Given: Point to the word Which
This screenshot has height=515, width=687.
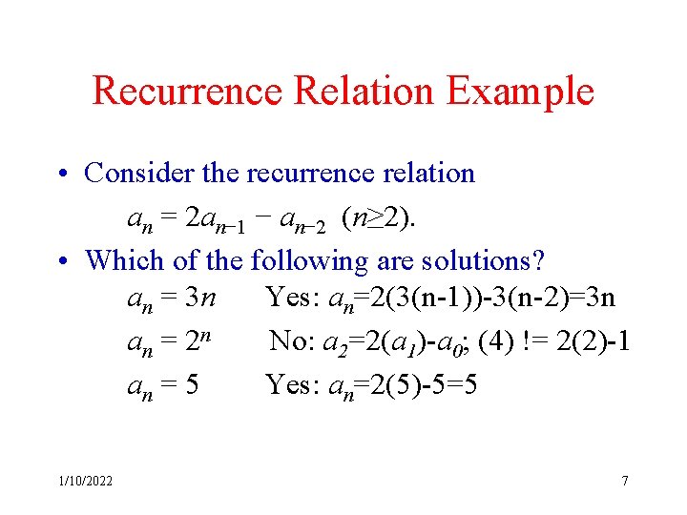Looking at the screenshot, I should (x=120, y=260).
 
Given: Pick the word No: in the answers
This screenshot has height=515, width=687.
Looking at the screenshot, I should (x=291, y=340).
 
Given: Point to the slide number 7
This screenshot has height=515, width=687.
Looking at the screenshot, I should (x=625, y=481).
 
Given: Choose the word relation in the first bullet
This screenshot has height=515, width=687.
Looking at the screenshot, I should (x=427, y=173).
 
